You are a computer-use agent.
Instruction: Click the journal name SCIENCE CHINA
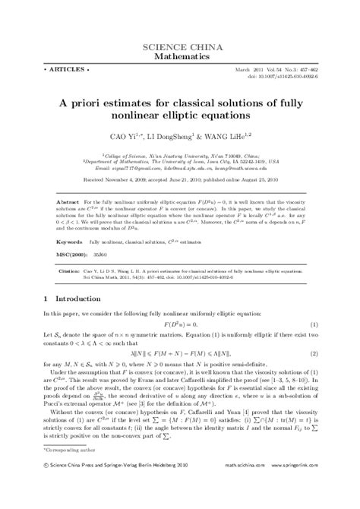(x=179, y=48)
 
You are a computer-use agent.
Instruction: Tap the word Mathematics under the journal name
(x=179, y=57)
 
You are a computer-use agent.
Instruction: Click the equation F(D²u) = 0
(x=180, y=324)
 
